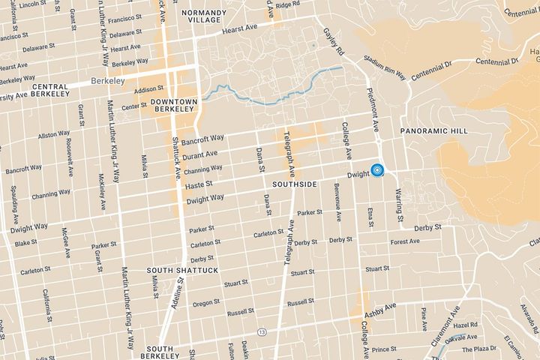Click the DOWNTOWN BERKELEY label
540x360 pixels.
pyautogui.click(x=172, y=104)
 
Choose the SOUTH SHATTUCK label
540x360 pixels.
pyautogui.click(x=172, y=270)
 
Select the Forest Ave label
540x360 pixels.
pyautogui.click(x=404, y=241)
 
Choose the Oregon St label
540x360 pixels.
pyautogui.click(x=204, y=304)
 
